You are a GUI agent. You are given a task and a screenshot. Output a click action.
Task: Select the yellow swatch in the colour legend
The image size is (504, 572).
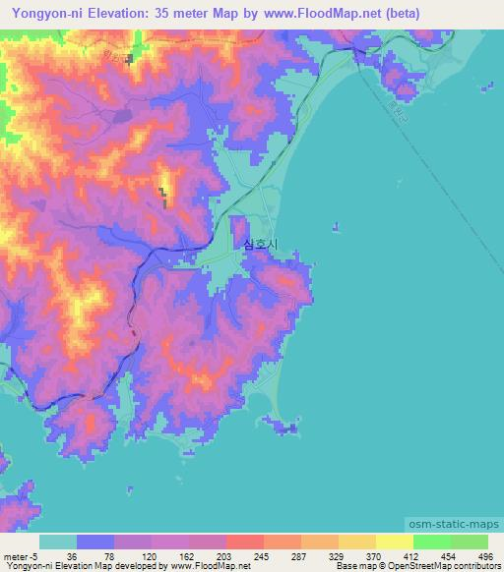pos(394,542)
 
